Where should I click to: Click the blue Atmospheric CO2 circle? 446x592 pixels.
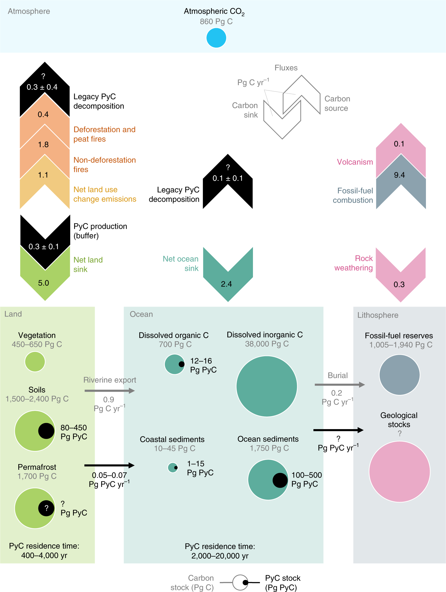pos(216,38)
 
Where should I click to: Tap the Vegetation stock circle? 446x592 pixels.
pos(35,361)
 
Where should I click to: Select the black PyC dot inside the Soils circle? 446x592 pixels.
pos(46,431)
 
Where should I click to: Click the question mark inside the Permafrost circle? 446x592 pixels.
pos(46,508)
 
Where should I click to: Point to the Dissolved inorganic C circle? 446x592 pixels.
pos(267,386)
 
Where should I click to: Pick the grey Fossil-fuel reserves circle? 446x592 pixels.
pos(399,375)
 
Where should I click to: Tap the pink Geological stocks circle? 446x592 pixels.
pos(399,472)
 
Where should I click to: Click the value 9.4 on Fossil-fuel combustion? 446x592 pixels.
pos(399,175)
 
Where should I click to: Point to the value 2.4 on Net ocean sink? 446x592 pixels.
pos(226,284)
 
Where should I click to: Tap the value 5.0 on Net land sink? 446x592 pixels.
pos(44,283)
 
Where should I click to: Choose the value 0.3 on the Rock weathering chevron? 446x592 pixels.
pos(399,285)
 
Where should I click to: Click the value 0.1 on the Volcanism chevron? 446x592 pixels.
pos(399,144)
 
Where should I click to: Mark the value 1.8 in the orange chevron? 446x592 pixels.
pos(43,145)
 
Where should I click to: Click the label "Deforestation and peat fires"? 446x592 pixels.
pos(104,134)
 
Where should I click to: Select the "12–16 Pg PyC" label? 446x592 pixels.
pos(203,365)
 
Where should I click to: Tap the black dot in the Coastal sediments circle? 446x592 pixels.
pos(176,468)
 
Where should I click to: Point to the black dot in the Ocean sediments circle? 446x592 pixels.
pos(280,480)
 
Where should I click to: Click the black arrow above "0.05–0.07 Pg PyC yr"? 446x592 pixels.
pos(109,465)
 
